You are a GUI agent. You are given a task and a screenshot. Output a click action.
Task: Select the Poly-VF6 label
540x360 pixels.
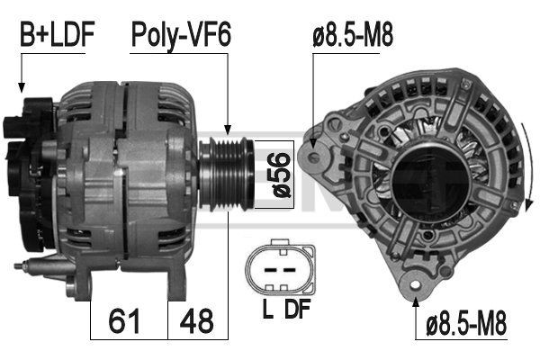181,36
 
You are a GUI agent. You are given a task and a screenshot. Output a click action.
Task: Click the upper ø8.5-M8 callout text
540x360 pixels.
354,36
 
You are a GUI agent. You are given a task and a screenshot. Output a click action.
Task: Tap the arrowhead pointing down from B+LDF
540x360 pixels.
20,86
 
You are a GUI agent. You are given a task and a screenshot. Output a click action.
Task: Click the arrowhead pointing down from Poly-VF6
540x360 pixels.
228,130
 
